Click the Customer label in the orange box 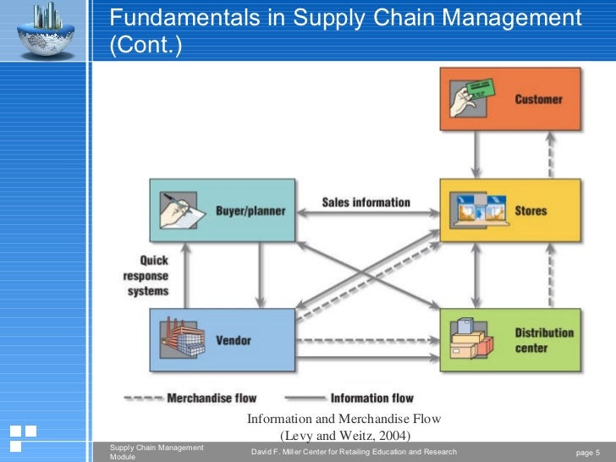click(538, 99)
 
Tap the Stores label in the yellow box click(531, 211)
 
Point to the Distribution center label click(544, 340)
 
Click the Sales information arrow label click(366, 202)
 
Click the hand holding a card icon click(472, 98)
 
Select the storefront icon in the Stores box click(476, 211)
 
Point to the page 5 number click(587, 452)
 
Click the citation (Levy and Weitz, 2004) click(344, 435)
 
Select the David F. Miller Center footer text click(354, 452)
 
